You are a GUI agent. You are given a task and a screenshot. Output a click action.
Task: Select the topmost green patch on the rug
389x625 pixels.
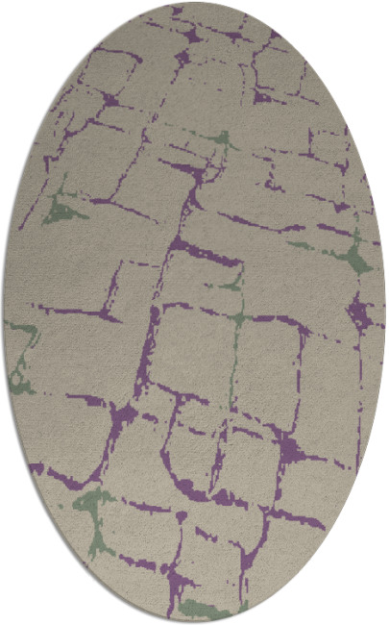223,140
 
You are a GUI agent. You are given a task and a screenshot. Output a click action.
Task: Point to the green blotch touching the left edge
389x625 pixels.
21,346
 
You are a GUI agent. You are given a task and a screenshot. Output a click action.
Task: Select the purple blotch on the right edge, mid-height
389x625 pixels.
359,310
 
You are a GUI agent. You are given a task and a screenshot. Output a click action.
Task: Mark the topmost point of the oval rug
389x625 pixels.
194,3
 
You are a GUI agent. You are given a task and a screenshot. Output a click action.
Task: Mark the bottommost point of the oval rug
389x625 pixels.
194,621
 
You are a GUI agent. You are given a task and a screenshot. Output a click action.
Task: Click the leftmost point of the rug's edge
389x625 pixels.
3,312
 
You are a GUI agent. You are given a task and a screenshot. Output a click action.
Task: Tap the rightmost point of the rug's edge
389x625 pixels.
385,312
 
